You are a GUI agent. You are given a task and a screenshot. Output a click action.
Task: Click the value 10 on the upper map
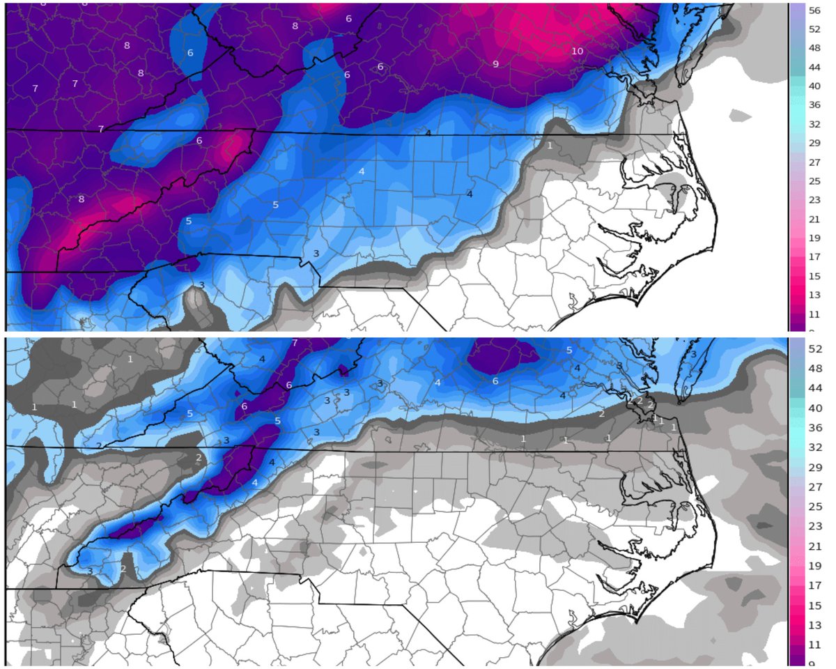[577, 52]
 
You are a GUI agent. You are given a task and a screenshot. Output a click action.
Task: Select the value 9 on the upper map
[495, 64]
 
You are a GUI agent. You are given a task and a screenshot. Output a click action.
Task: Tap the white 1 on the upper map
[550, 146]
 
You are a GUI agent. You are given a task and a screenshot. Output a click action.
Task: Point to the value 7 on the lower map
[295, 343]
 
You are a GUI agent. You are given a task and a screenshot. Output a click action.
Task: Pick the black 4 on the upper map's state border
[428, 132]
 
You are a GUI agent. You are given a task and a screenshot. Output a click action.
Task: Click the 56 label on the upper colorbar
[815, 10]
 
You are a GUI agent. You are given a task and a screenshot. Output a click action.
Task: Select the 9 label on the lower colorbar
[815, 663]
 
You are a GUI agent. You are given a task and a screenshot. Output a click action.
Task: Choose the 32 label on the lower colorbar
[815, 448]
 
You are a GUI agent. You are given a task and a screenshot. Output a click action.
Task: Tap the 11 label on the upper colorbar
[815, 314]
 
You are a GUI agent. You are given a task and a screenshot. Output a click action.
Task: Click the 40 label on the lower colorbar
[815, 408]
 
